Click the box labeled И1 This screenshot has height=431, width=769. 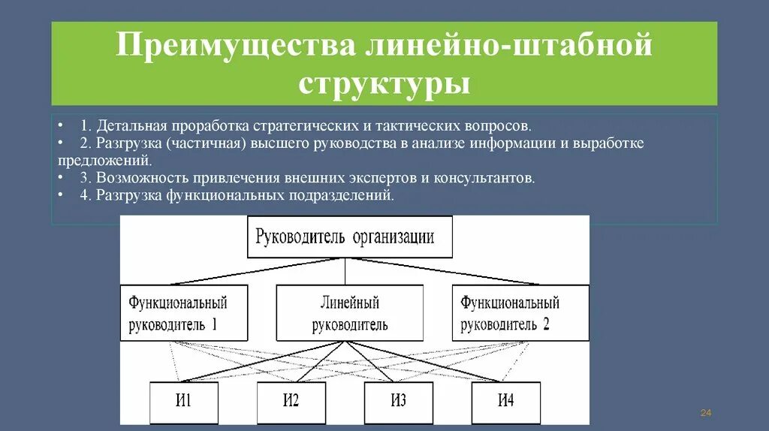pos(184,402)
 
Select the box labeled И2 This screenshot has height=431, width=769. pos(291,402)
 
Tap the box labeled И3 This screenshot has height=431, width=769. pos(399,402)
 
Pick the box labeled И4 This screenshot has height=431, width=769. pos(506,402)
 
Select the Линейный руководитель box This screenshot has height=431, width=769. pos(345,313)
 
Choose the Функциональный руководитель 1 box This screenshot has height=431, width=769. pos(177,313)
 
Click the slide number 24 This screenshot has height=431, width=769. pos(705,413)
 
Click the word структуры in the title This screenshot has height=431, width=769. pos(384,83)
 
